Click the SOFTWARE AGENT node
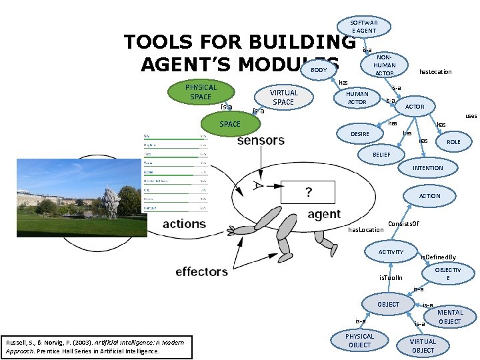(363, 26)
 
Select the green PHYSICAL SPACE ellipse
(201, 92)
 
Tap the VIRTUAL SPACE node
(283, 97)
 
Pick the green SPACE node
(230, 124)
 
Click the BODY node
(319, 70)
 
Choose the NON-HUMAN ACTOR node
(384, 65)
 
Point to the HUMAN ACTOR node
(357, 98)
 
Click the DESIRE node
(359, 134)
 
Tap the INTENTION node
(427, 168)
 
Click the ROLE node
(453, 142)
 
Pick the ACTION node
(429, 196)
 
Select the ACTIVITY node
(391, 252)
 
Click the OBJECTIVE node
(447, 273)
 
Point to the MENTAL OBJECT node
(450, 317)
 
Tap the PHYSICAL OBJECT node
(359, 341)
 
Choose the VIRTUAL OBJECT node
(423, 345)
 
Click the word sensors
(261, 141)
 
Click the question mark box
(308, 192)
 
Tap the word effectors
(201, 271)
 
